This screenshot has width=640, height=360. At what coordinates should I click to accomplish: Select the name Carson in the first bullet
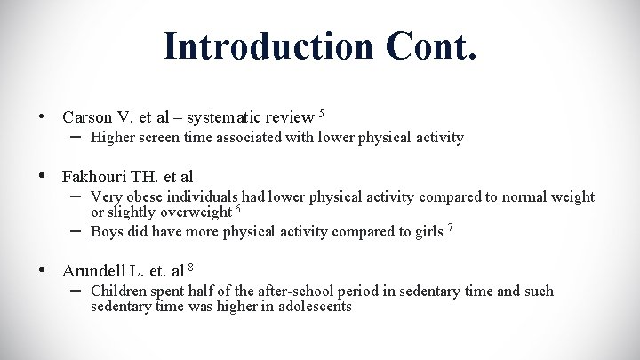(87, 117)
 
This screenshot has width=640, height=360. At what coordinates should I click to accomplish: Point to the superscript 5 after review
(322, 113)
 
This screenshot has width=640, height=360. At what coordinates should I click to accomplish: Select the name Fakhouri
(97, 176)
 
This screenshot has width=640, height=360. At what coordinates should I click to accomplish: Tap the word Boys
(107, 232)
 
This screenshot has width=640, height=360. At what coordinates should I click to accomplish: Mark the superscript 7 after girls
(452, 228)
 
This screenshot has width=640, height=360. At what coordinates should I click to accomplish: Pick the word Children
(119, 291)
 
